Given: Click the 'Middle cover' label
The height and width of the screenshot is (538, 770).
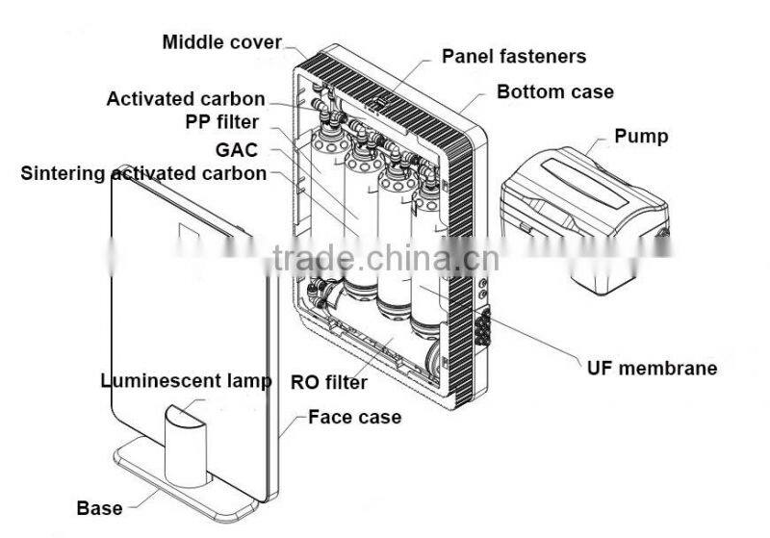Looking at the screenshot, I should tap(221, 42).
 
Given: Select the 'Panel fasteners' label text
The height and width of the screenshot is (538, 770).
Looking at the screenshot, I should tap(514, 56).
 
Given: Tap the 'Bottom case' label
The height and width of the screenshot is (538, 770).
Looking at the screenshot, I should tap(555, 92).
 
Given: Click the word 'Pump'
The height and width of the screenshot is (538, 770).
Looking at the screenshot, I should tap(641, 136).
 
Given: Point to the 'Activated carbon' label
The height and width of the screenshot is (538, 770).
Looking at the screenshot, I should tap(186, 98).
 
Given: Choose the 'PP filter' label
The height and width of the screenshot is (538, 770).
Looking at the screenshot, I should tap(222, 123).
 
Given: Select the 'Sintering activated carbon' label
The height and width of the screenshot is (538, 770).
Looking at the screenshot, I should tap(144, 173).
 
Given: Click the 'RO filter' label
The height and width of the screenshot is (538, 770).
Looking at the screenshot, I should tap(328, 382).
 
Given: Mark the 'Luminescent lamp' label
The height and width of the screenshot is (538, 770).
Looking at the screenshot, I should tap(186, 380).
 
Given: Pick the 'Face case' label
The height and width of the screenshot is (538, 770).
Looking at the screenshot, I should tap(354, 417).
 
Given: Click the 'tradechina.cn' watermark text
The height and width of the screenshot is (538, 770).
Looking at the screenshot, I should tap(385, 257).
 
